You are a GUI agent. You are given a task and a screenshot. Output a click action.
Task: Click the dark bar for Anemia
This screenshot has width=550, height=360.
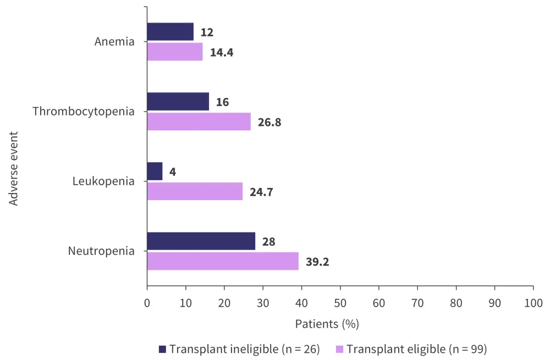pyautogui.click(x=170, y=32)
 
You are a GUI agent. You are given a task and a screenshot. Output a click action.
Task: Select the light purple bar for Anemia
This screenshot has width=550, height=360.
pyautogui.click(x=175, y=52)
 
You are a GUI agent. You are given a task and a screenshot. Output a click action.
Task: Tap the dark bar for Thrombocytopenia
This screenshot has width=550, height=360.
pyautogui.click(x=178, y=102)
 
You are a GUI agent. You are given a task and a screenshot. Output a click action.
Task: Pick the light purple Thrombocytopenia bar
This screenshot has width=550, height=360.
pyautogui.click(x=199, y=121)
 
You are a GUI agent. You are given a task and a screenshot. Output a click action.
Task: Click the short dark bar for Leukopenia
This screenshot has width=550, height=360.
pyautogui.click(x=155, y=171)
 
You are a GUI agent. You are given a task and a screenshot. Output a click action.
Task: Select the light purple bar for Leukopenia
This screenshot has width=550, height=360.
pyautogui.click(x=195, y=191)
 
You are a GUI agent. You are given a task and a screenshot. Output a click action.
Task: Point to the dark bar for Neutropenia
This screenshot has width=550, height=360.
pyautogui.click(x=201, y=241)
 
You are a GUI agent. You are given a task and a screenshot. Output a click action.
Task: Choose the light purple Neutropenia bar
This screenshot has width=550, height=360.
pyautogui.click(x=223, y=261)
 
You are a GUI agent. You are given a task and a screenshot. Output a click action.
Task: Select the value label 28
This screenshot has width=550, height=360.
pyautogui.click(x=268, y=242)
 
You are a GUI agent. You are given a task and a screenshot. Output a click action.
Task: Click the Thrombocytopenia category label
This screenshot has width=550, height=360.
pyautogui.click(x=84, y=112)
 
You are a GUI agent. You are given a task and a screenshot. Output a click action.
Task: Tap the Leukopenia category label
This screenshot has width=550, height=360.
pyautogui.click(x=103, y=181)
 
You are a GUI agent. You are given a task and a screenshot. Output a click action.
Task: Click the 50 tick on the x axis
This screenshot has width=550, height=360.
pyautogui.click(x=340, y=303)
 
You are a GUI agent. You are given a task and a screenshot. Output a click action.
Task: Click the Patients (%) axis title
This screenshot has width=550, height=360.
pyautogui.click(x=327, y=324)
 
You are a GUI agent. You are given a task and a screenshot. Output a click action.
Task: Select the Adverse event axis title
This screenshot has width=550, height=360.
pyautogui.click(x=14, y=168)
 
